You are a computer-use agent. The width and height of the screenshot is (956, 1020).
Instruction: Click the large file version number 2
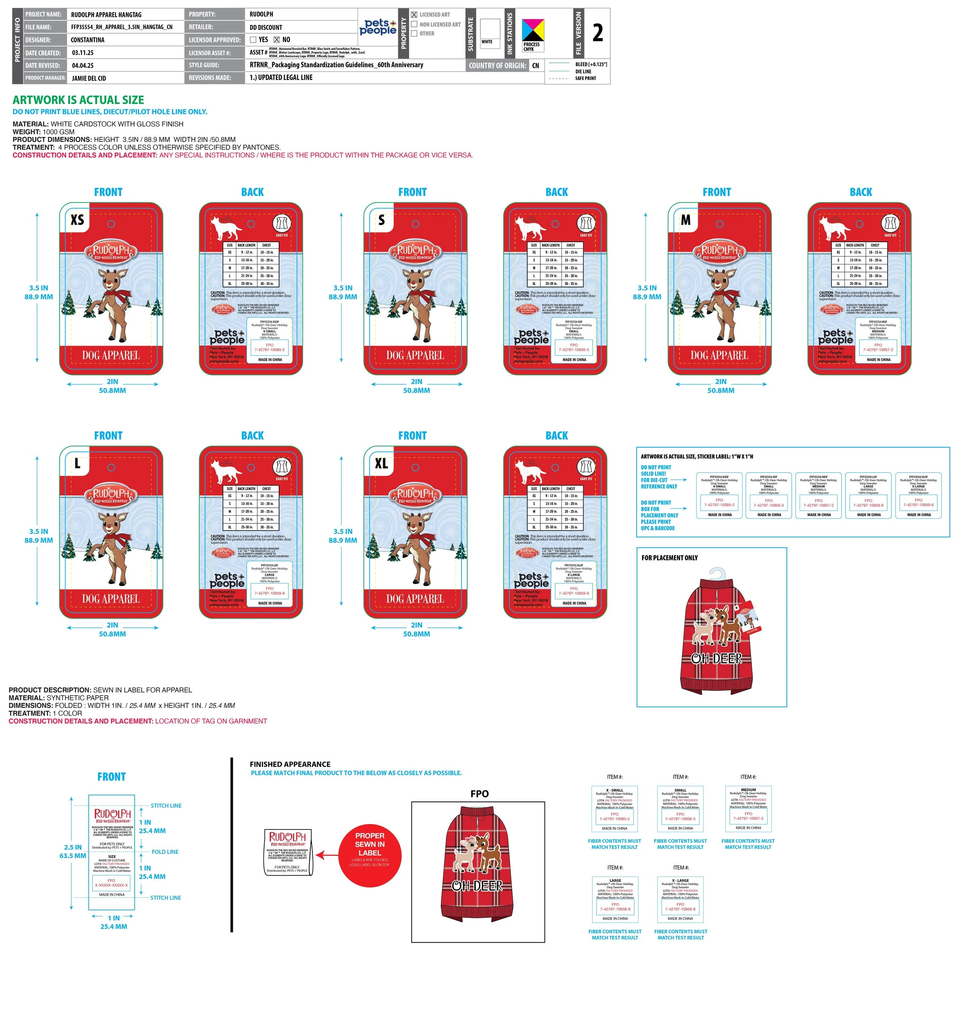(597, 33)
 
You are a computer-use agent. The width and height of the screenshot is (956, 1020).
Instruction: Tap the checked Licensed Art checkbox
(414, 15)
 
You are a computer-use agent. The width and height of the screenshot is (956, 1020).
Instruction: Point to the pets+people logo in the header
(378, 27)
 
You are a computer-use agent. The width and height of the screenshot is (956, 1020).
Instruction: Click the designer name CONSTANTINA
(88, 40)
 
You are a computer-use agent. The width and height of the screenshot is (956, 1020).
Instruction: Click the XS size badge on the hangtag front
(78, 220)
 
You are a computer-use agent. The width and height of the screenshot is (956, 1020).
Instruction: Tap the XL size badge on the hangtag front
(381, 464)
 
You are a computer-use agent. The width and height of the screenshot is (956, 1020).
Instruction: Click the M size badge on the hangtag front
(686, 220)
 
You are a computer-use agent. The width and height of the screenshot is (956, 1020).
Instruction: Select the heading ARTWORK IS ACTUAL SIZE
(78, 100)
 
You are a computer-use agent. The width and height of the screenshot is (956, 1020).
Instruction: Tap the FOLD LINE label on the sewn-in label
(165, 852)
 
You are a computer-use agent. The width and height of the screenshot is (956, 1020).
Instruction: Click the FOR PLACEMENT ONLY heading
(669, 558)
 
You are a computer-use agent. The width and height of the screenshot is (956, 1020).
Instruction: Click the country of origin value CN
(535, 66)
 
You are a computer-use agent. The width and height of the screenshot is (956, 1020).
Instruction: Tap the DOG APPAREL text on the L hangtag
(111, 599)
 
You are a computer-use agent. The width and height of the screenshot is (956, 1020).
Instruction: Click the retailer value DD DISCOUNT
(266, 28)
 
